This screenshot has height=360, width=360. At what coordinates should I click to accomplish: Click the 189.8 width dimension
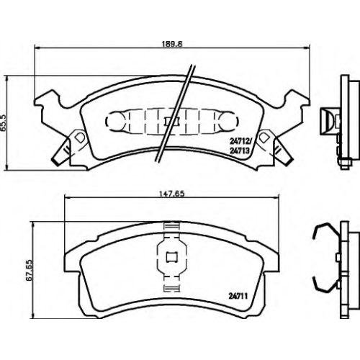coord(172,44)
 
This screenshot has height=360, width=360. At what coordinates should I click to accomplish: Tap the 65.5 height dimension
coord(4,122)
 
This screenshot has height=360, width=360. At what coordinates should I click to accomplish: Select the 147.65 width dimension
coord(172,194)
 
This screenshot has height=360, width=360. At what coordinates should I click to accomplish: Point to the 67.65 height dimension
coord(29,270)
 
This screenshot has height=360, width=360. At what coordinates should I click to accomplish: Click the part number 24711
coord(238,297)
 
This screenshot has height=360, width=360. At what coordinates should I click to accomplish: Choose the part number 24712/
coord(240,142)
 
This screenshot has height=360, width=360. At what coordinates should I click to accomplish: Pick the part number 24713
coord(240,150)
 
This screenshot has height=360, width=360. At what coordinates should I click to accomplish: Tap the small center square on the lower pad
coord(172,257)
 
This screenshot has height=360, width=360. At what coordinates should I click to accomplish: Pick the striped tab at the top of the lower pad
coord(172,226)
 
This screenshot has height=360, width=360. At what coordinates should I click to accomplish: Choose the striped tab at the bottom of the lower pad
coord(172,288)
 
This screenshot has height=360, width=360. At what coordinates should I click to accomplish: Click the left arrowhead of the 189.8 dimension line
coord(37,48)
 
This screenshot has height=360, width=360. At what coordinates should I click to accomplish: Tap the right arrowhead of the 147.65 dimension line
coord(276,197)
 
